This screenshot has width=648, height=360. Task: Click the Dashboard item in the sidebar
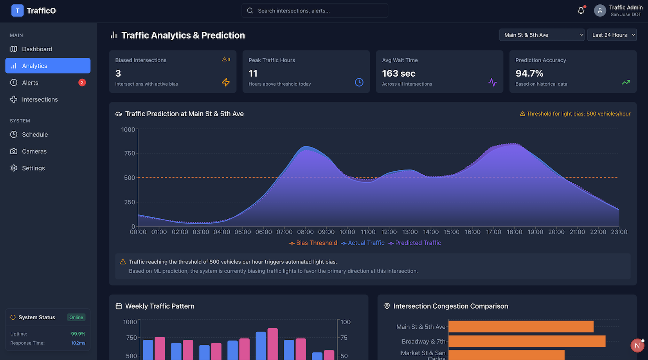(x=37, y=49)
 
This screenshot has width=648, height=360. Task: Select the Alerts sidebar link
(x=30, y=83)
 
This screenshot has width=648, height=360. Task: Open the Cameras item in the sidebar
(x=34, y=151)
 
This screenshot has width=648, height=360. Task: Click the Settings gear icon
(x=14, y=168)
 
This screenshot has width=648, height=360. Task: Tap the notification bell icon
(x=581, y=11)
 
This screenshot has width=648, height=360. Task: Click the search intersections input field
(x=315, y=11)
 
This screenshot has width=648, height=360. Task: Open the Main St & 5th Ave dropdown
(x=542, y=35)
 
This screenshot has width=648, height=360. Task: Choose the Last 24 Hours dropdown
(x=612, y=35)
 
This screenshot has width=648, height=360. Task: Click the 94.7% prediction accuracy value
(x=529, y=74)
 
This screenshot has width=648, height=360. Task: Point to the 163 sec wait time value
(x=399, y=74)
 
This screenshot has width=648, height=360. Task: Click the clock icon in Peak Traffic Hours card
(x=359, y=82)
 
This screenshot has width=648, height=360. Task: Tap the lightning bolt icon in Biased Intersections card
(x=226, y=82)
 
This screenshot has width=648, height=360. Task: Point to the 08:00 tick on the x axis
(x=305, y=232)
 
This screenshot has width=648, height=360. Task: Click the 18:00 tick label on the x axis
(x=515, y=232)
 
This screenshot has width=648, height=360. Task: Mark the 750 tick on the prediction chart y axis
(x=130, y=153)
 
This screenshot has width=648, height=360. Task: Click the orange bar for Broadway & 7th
(x=527, y=341)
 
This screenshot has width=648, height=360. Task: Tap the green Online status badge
(x=76, y=317)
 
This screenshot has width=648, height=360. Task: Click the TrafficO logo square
(x=18, y=11)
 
